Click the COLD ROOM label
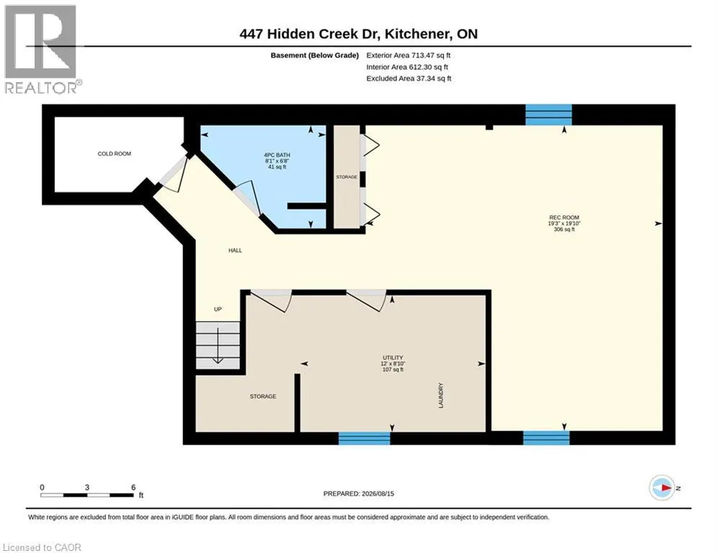tap(115, 153)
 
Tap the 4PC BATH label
tap(277, 155)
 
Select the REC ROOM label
tap(564, 217)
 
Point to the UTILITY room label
tap(393, 358)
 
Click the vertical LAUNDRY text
tap(441, 396)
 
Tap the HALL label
tap(235, 251)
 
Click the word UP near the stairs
tap(218, 310)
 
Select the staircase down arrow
tap(218, 346)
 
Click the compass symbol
tap(662, 487)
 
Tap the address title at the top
tap(359, 34)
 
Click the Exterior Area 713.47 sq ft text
tap(409, 55)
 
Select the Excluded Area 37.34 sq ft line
tap(409, 78)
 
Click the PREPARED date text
tap(359, 493)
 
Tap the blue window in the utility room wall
tap(364, 439)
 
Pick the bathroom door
tap(247, 199)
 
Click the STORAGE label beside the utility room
tap(263, 396)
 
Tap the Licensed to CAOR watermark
tap(42, 547)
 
